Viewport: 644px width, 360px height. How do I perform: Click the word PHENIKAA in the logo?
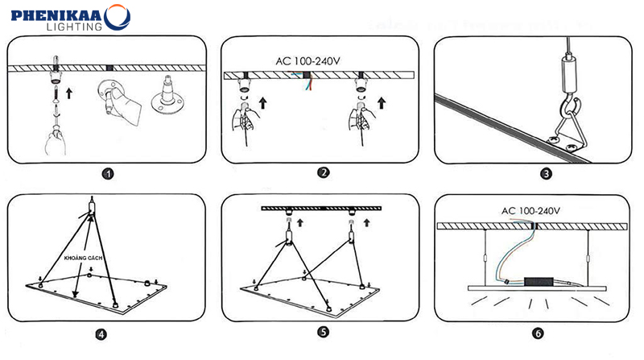(x=52, y=14)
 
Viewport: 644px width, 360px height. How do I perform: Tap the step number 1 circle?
(x=108, y=173)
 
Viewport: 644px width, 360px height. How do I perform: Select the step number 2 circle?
(x=323, y=172)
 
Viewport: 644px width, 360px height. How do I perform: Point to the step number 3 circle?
(x=546, y=172)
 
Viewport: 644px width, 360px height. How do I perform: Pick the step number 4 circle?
(x=100, y=334)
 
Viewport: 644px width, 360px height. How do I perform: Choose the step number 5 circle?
(x=322, y=331)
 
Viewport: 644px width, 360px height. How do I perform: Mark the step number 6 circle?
(x=537, y=331)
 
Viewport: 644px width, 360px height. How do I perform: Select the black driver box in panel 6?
(x=539, y=282)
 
